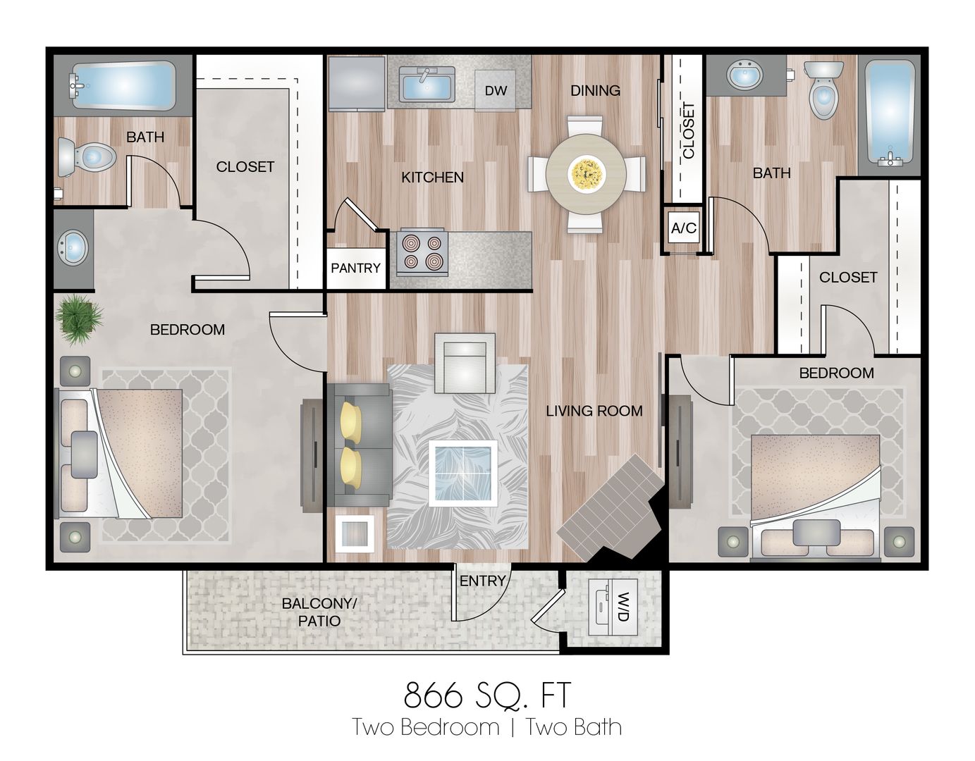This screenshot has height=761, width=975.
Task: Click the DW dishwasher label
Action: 496,91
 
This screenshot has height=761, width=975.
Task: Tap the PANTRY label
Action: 355,268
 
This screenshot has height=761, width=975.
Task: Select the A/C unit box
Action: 683,228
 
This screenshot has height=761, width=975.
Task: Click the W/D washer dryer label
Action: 623,607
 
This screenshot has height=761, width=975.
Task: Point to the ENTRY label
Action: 482,581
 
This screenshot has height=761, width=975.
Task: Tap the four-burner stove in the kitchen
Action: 422,252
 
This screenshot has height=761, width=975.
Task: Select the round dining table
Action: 586,173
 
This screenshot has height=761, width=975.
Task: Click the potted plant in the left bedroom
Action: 79,318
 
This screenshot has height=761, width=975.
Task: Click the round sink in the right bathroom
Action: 744,75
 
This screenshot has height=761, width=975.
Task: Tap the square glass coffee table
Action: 463,474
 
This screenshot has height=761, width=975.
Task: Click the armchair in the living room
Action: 465,364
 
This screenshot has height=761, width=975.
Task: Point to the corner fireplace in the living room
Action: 613,509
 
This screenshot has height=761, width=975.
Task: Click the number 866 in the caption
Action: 433,695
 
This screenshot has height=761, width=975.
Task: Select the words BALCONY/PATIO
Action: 319,612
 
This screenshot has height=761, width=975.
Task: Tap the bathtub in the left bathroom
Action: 124,85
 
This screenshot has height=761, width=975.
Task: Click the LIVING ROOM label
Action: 594,411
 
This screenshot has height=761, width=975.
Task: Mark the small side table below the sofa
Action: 355,533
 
